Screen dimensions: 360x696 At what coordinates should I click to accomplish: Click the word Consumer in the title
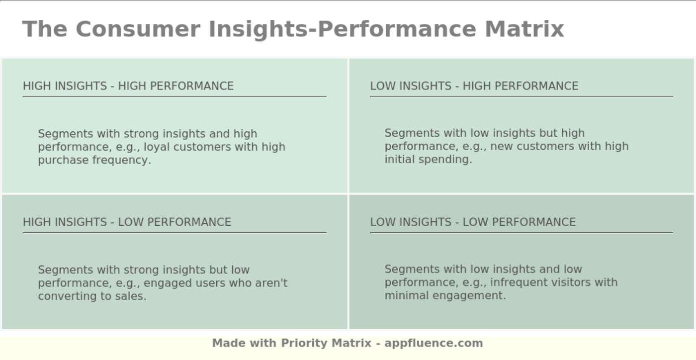pyautogui.click(x=138, y=29)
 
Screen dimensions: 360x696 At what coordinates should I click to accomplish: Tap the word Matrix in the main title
pyautogui.click(x=524, y=29)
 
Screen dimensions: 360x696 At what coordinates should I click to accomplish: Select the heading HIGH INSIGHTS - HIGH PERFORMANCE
pyautogui.click(x=128, y=86)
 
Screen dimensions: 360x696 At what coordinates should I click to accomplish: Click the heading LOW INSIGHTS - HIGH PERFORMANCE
pyautogui.click(x=474, y=86)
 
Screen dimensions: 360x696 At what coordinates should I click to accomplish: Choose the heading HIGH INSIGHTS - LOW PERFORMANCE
pyautogui.click(x=127, y=222)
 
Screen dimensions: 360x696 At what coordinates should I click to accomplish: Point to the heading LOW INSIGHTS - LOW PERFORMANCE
pyautogui.click(x=473, y=222)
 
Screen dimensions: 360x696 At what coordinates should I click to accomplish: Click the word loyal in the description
pyautogui.click(x=157, y=147)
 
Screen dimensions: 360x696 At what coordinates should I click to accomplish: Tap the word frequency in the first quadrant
pyautogui.click(x=121, y=160)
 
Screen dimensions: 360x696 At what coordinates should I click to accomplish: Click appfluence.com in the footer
pyautogui.click(x=434, y=343)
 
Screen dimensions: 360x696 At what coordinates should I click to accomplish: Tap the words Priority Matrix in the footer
pyautogui.click(x=326, y=343)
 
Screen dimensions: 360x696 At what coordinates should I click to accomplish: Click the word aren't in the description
pyautogui.click(x=271, y=283)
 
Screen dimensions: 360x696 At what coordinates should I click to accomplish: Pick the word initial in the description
pyautogui.click(x=399, y=160)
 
